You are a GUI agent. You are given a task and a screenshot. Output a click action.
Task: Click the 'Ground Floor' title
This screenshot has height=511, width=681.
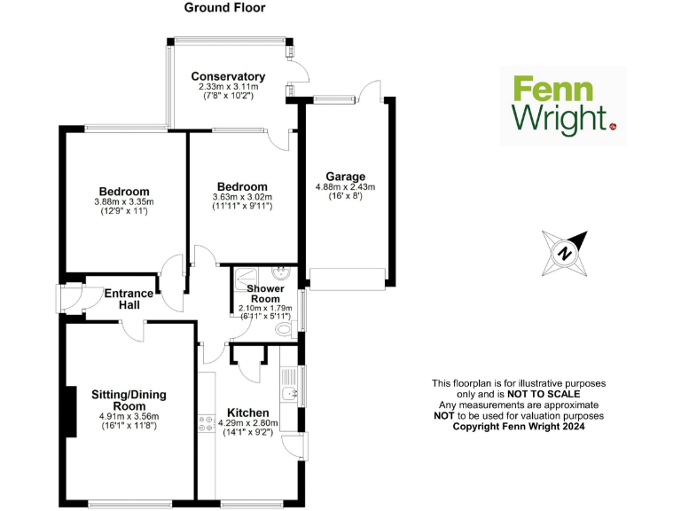coord(224,8)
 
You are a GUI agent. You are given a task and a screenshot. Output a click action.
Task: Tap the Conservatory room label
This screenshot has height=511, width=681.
coord(228,76)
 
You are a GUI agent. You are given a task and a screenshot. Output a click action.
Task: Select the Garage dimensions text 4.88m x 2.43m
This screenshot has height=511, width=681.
coord(345,187)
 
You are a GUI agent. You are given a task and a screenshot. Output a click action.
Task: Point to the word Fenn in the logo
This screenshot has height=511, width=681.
coord(550,90)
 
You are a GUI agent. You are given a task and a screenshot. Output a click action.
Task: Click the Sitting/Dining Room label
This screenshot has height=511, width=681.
coord(129,400)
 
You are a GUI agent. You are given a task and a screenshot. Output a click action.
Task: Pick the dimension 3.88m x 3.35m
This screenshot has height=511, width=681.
coord(124,202)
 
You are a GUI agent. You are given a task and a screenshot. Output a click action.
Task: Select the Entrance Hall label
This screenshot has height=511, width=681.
coord(129,299)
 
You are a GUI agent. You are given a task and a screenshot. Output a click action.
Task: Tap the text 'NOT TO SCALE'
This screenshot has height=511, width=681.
coord(543,394)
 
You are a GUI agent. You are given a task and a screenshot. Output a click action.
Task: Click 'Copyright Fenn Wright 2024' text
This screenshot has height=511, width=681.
coord(519,426)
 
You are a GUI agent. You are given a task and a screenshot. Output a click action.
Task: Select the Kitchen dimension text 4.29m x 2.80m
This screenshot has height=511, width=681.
coord(247,424)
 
